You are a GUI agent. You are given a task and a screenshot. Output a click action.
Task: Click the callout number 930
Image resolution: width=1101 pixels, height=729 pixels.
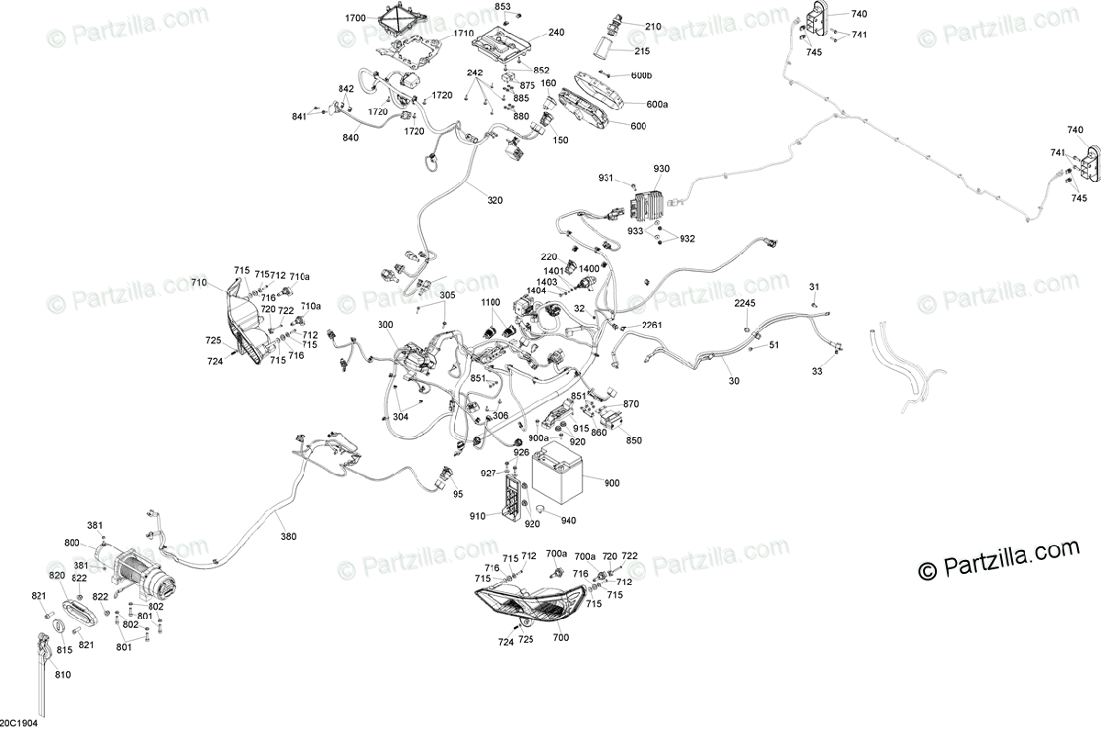pyautogui.click(x=662, y=169)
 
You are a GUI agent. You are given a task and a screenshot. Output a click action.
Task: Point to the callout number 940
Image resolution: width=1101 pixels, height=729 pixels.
pyautogui.click(x=568, y=521)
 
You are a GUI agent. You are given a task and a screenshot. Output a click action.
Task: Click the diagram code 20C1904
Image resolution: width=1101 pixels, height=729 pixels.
pyautogui.click(x=19, y=722)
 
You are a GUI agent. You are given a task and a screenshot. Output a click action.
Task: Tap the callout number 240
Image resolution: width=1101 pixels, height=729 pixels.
pyautogui.click(x=556, y=33)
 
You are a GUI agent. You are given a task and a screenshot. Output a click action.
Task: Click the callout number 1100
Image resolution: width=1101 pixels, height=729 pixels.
pyautogui.click(x=491, y=302)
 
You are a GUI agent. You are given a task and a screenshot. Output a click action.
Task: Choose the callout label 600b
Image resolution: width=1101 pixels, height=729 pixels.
pyautogui.click(x=641, y=75)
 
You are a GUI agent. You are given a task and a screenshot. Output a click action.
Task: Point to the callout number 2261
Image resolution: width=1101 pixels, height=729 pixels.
pyautogui.click(x=651, y=325)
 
